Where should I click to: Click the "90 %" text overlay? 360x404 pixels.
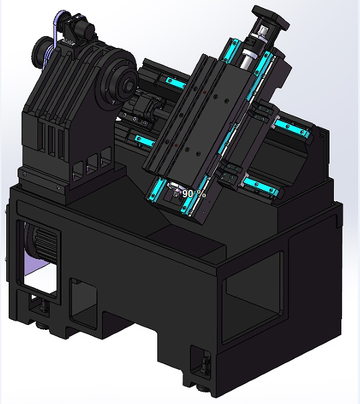click(x=193, y=194)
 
